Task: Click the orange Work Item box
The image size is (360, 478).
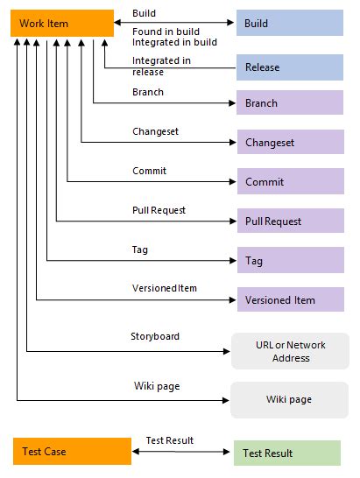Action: pyautogui.click(x=61, y=24)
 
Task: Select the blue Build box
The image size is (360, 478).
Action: pyautogui.click(x=290, y=24)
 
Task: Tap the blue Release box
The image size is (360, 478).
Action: pyautogui.click(x=290, y=67)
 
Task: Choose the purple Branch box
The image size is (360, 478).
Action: pyautogui.click(x=290, y=103)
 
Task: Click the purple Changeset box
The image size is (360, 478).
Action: pyautogui.click(x=290, y=142)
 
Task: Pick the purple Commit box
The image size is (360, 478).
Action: pyautogui.click(x=290, y=182)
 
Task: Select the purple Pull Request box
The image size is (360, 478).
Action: pyautogui.click(x=290, y=221)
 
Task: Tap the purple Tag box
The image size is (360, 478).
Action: pyautogui.click(x=290, y=261)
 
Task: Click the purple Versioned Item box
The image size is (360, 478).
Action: pyautogui.click(x=290, y=300)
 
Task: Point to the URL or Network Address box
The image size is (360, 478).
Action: pyautogui.click(x=289, y=351)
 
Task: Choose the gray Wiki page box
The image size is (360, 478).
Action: pyautogui.click(x=289, y=399)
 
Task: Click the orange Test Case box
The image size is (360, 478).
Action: pyautogui.click(x=71, y=452)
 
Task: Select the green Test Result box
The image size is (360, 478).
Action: pyautogui.click(x=288, y=453)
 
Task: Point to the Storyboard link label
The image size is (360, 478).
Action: pyautogui.click(x=155, y=335)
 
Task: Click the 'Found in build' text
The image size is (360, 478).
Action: pyautogui.click(x=164, y=31)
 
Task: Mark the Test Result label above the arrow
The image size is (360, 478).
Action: pyautogui.click(x=169, y=440)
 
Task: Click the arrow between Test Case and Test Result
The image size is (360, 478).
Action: pyautogui.click(x=182, y=453)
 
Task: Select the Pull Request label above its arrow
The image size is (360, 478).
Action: pyautogui.click(x=159, y=210)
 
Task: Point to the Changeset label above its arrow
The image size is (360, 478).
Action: pyautogui.click(x=155, y=131)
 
